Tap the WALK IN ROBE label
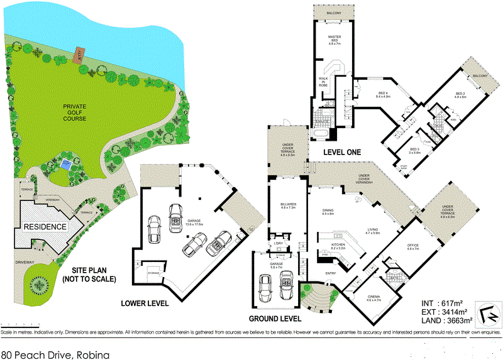coord(324,79)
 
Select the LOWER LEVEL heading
coord(145,303)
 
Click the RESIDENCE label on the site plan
coord(45,226)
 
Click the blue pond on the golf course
coord(66,165)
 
